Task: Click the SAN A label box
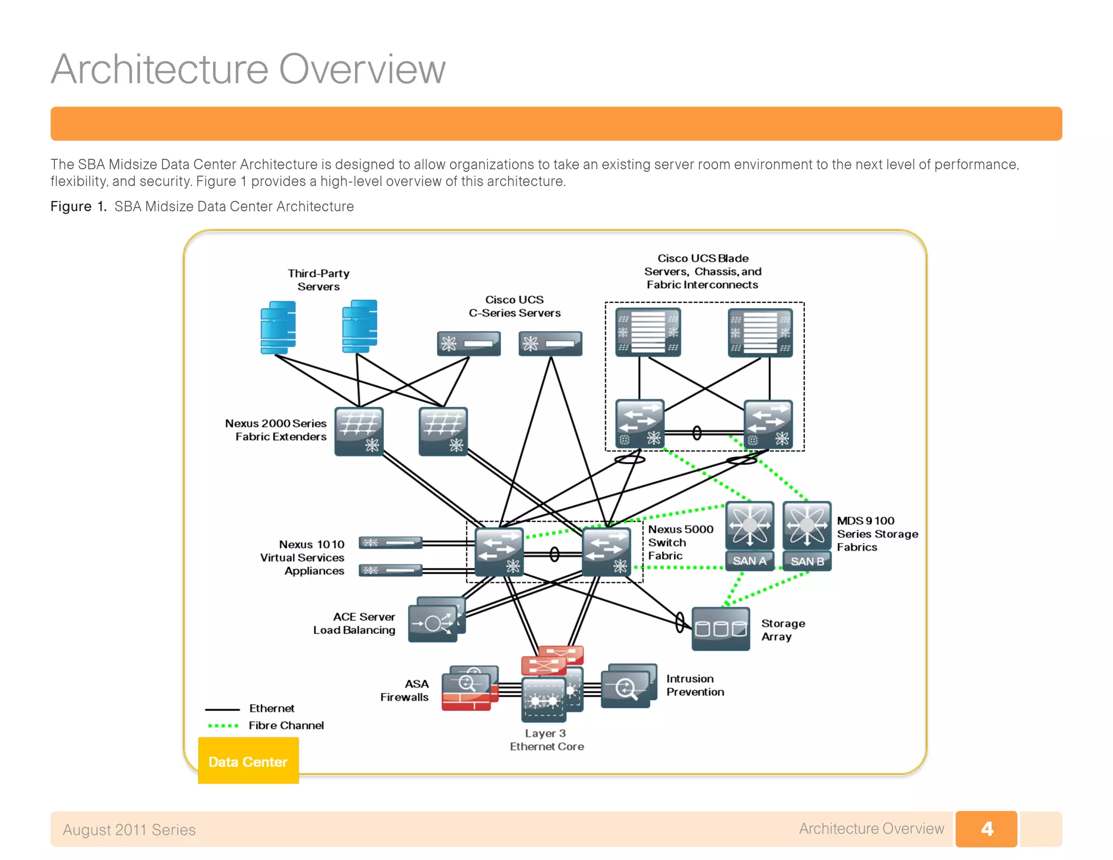tap(749, 560)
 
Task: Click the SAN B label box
tap(807, 561)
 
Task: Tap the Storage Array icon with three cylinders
tap(721, 629)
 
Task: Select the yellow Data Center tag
tap(248, 761)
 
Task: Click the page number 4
tap(986, 828)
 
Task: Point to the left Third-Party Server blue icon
tap(278, 327)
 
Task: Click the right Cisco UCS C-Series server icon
tap(550, 344)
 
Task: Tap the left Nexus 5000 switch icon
tap(499, 552)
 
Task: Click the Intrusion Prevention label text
tap(695, 685)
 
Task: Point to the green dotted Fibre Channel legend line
tap(223, 725)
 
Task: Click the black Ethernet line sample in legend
tap(222, 709)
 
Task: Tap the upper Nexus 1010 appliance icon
tap(390, 543)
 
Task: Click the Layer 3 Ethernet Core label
tap(546, 740)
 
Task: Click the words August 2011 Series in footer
tap(129, 830)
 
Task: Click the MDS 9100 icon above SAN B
tap(807, 525)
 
